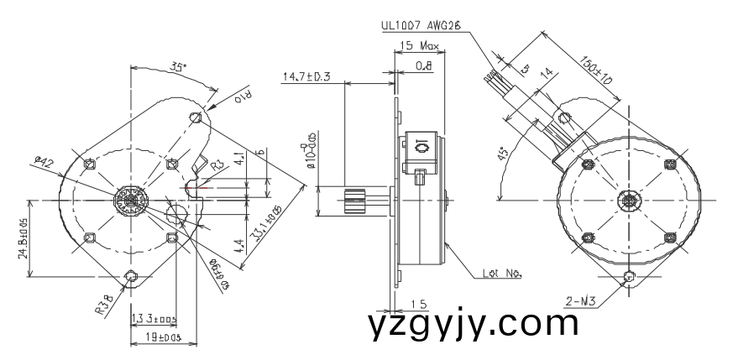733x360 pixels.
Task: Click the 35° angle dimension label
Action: click(178, 66)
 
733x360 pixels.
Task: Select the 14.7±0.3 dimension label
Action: click(306, 77)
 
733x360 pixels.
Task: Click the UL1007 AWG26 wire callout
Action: click(418, 26)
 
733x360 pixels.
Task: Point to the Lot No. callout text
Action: click(503, 273)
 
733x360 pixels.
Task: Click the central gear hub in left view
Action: click(131, 201)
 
